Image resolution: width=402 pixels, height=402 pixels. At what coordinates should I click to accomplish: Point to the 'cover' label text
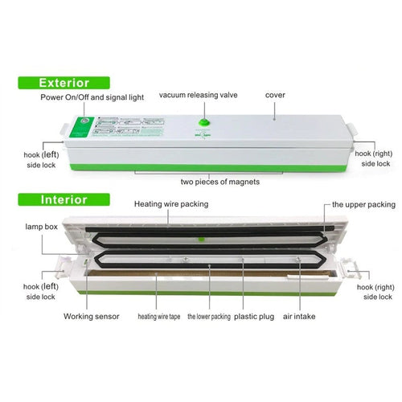(275, 95)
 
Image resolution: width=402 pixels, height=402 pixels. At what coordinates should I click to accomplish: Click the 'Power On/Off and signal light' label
(93, 97)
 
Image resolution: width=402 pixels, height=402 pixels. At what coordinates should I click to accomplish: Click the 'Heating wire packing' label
(171, 204)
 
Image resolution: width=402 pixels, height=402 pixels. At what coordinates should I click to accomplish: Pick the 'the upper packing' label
(362, 205)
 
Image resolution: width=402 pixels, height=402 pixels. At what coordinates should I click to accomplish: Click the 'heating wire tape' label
(158, 317)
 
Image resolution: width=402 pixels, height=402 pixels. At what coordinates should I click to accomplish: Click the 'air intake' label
(298, 317)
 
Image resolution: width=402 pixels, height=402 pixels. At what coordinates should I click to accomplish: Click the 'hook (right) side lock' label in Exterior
(375, 158)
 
